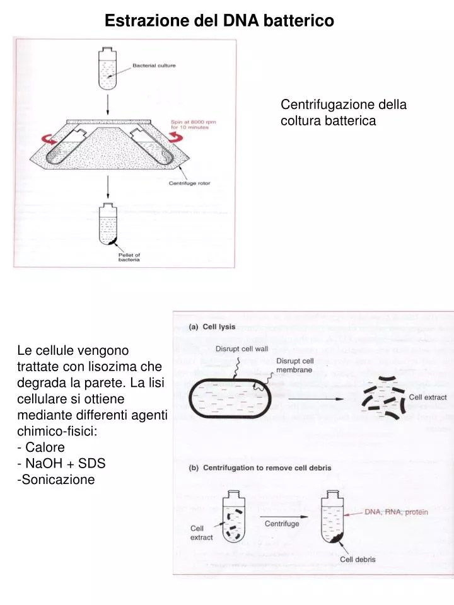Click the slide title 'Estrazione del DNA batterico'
coord(219,20)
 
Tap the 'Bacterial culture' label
coord(154,66)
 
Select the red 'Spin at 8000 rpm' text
coord(194,122)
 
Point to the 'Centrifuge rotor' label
coord(190,183)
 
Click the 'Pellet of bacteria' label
coord(129,257)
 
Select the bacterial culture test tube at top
coord(108,68)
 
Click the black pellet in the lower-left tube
coord(112,243)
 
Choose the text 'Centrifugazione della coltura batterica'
coord(344,112)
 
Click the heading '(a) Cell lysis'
coord(212,327)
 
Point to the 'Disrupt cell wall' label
coord(242,349)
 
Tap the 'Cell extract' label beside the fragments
coord(428,397)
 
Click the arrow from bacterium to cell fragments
coord(315,398)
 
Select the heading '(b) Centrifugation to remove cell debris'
coord(260,468)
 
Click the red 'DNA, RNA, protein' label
coord(397,512)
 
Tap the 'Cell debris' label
coord(358,559)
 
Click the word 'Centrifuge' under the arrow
coord(282,524)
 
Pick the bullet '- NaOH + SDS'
coord(61,463)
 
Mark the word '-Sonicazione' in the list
coord(56,480)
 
